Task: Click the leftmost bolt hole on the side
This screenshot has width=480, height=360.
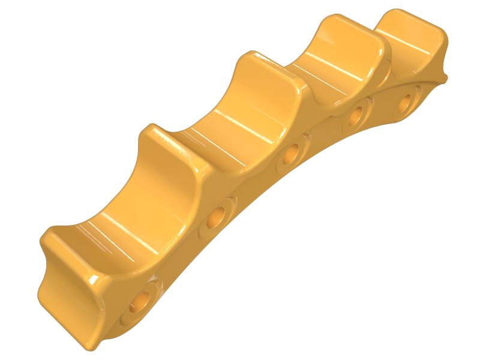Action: [142, 299]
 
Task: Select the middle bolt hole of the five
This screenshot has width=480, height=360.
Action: [292, 155]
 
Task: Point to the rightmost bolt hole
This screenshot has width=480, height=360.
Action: [410, 100]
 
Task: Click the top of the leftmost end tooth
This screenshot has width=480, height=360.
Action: [60, 237]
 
